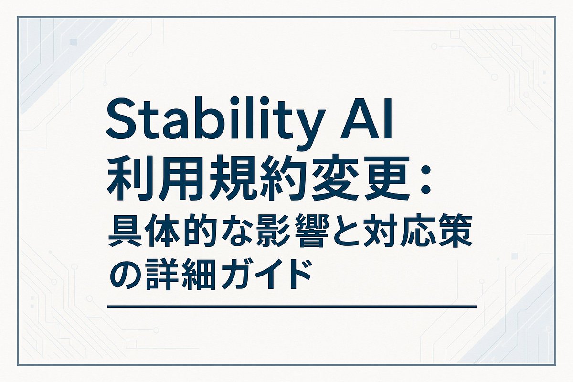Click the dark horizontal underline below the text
point(292,306)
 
